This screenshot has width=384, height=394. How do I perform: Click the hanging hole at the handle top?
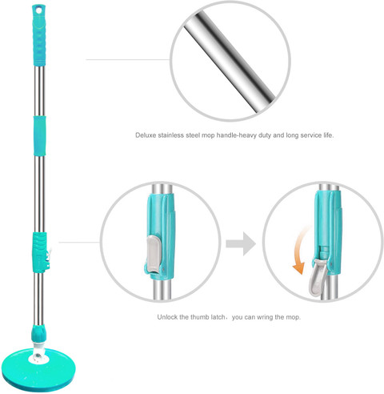[39, 10]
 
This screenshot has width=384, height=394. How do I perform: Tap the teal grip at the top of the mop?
[39, 35]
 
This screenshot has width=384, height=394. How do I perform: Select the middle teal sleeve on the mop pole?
[39, 135]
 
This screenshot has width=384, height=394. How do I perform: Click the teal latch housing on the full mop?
[40, 252]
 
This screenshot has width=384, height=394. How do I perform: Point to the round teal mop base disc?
[38, 370]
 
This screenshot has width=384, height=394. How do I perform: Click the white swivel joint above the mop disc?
[39, 352]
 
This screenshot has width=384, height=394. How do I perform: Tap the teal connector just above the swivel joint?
[39, 334]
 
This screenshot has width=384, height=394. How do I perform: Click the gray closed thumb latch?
[153, 254]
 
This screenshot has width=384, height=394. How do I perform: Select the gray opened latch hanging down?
[317, 278]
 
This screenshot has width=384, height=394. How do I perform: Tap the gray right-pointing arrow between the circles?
[241, 243]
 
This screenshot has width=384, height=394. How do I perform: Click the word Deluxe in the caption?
[146, 135]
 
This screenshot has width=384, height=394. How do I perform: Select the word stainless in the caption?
[171, 135]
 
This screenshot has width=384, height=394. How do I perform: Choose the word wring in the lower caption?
[265, 317]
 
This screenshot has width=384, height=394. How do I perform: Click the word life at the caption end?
[329, 135]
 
